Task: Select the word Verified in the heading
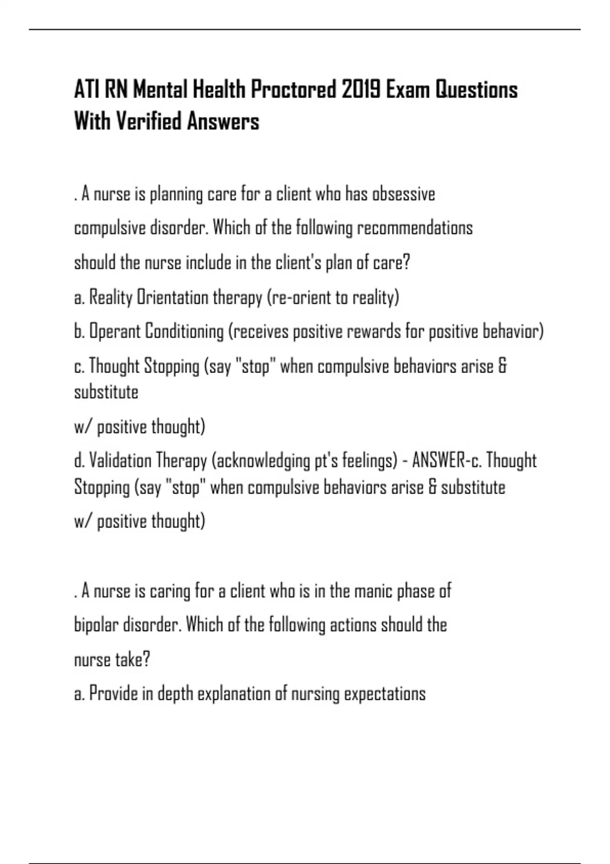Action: (148, 121)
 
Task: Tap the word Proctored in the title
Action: (293, 90)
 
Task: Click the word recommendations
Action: (415, 228)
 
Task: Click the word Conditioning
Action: (185, 332)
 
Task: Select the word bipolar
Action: (97, 625)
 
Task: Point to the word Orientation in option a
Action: (173, 297)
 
